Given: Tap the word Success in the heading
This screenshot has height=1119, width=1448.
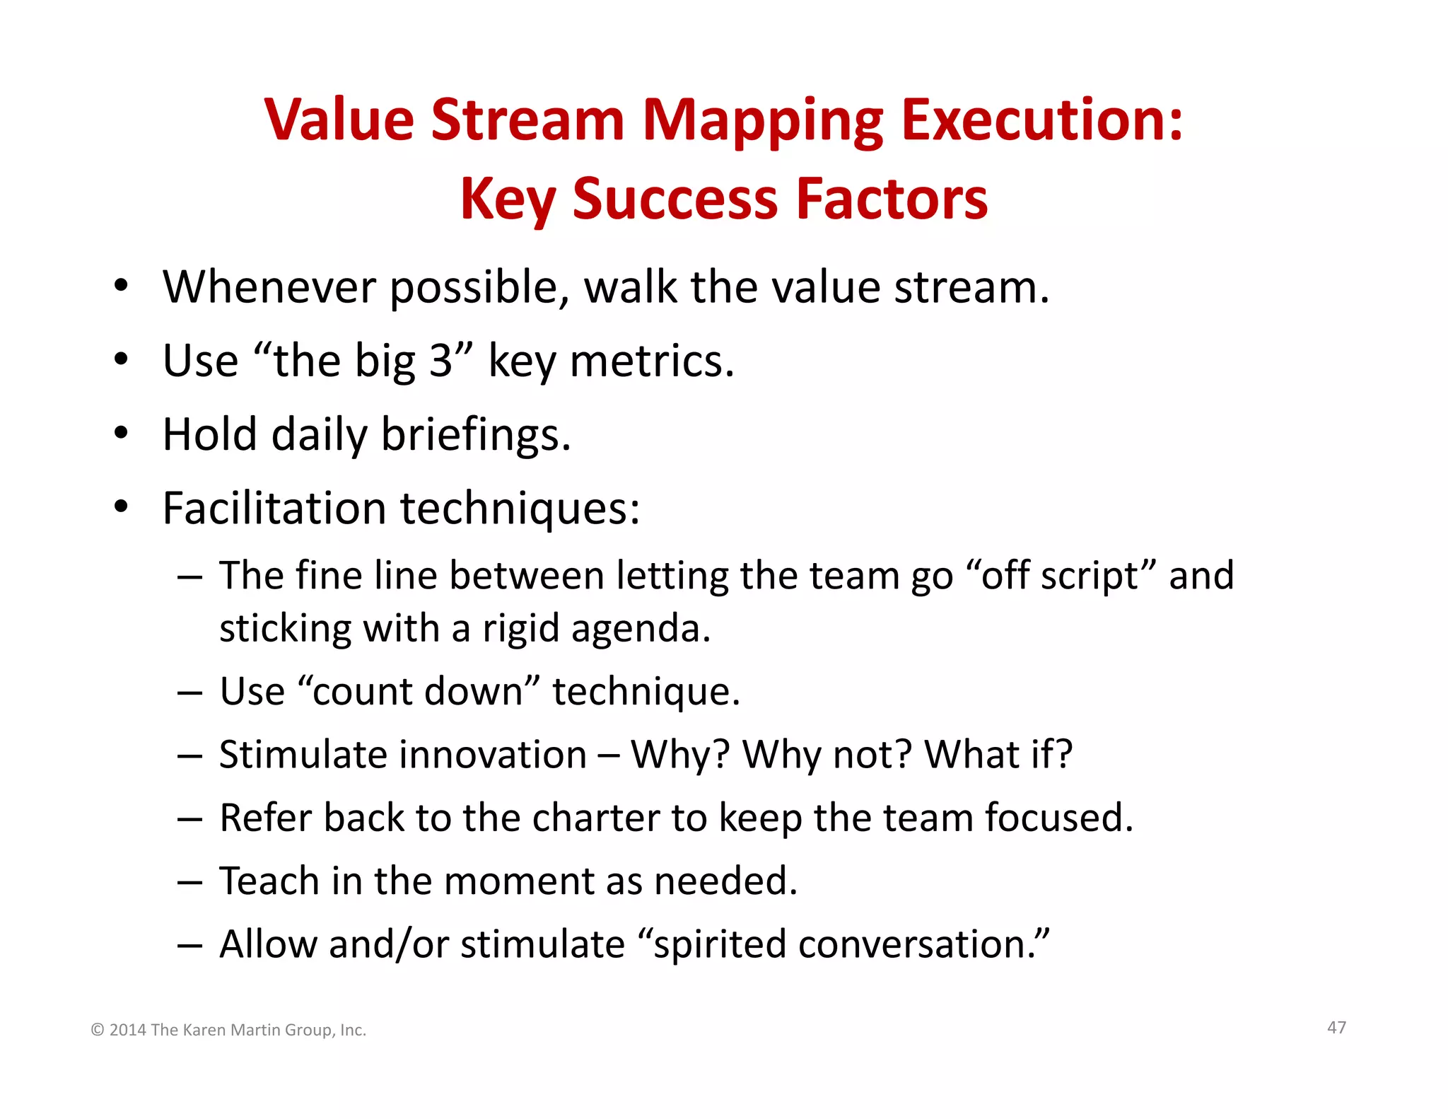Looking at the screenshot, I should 675,199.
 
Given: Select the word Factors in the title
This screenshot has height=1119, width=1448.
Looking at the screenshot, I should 892,199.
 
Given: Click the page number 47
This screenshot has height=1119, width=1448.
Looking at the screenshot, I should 1336,1027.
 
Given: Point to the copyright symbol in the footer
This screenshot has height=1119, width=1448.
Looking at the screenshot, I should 98,1031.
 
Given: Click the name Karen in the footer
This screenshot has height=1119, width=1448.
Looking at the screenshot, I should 205,1030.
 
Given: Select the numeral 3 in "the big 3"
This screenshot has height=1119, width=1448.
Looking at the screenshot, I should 440,361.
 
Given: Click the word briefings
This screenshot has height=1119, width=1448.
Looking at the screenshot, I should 475,434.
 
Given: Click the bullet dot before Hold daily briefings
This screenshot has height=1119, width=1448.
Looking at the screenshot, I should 122,433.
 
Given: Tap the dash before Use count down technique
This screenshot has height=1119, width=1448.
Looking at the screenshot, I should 189,692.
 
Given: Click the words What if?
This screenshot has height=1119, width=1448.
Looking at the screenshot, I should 998,754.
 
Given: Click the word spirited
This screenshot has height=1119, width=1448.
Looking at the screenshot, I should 720,944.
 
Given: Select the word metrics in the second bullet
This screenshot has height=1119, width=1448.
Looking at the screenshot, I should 651,361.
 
